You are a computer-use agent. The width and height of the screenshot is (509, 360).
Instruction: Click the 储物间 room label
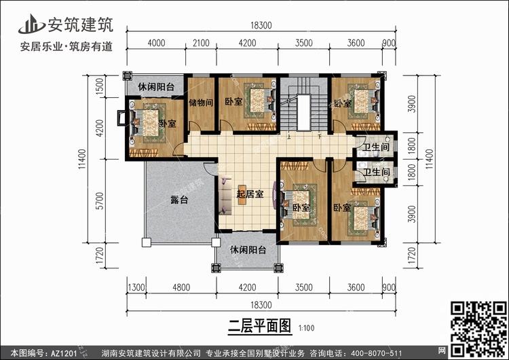tap(201, 103)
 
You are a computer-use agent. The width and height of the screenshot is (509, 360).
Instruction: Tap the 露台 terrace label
tap(179, 200)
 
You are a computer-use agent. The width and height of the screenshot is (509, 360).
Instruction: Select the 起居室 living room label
tap(250, 194)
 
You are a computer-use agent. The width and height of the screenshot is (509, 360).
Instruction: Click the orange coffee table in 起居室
tap(242, 195)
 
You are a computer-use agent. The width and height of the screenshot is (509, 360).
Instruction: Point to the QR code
tap(479, 329)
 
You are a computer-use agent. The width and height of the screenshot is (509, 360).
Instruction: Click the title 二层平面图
tap(259, 326)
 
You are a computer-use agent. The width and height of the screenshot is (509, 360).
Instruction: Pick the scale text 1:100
tap(306, 328)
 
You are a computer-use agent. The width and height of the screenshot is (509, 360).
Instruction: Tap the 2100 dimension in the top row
tap(201, 43)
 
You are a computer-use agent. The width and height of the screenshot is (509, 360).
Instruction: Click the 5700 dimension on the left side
tap(100, 201)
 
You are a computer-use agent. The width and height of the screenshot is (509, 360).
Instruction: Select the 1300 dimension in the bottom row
tap(136, 287)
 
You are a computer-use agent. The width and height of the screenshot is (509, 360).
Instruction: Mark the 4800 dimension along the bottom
tap(181, 287)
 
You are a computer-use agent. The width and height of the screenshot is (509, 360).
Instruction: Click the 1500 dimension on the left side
tap(100, 86)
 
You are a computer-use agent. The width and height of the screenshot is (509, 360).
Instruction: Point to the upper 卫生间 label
tap(376, 147)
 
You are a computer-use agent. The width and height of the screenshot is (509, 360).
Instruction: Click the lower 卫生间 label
tap(376, 172)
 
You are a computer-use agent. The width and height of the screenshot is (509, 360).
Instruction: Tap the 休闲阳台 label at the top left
tap(156, 87)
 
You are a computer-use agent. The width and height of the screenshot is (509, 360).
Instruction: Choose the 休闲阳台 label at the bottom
tap(248, 249)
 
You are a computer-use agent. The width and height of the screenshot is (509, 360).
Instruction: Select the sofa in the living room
tap(225, 195)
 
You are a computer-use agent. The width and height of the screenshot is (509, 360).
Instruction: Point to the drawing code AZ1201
tap(64, 353)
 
